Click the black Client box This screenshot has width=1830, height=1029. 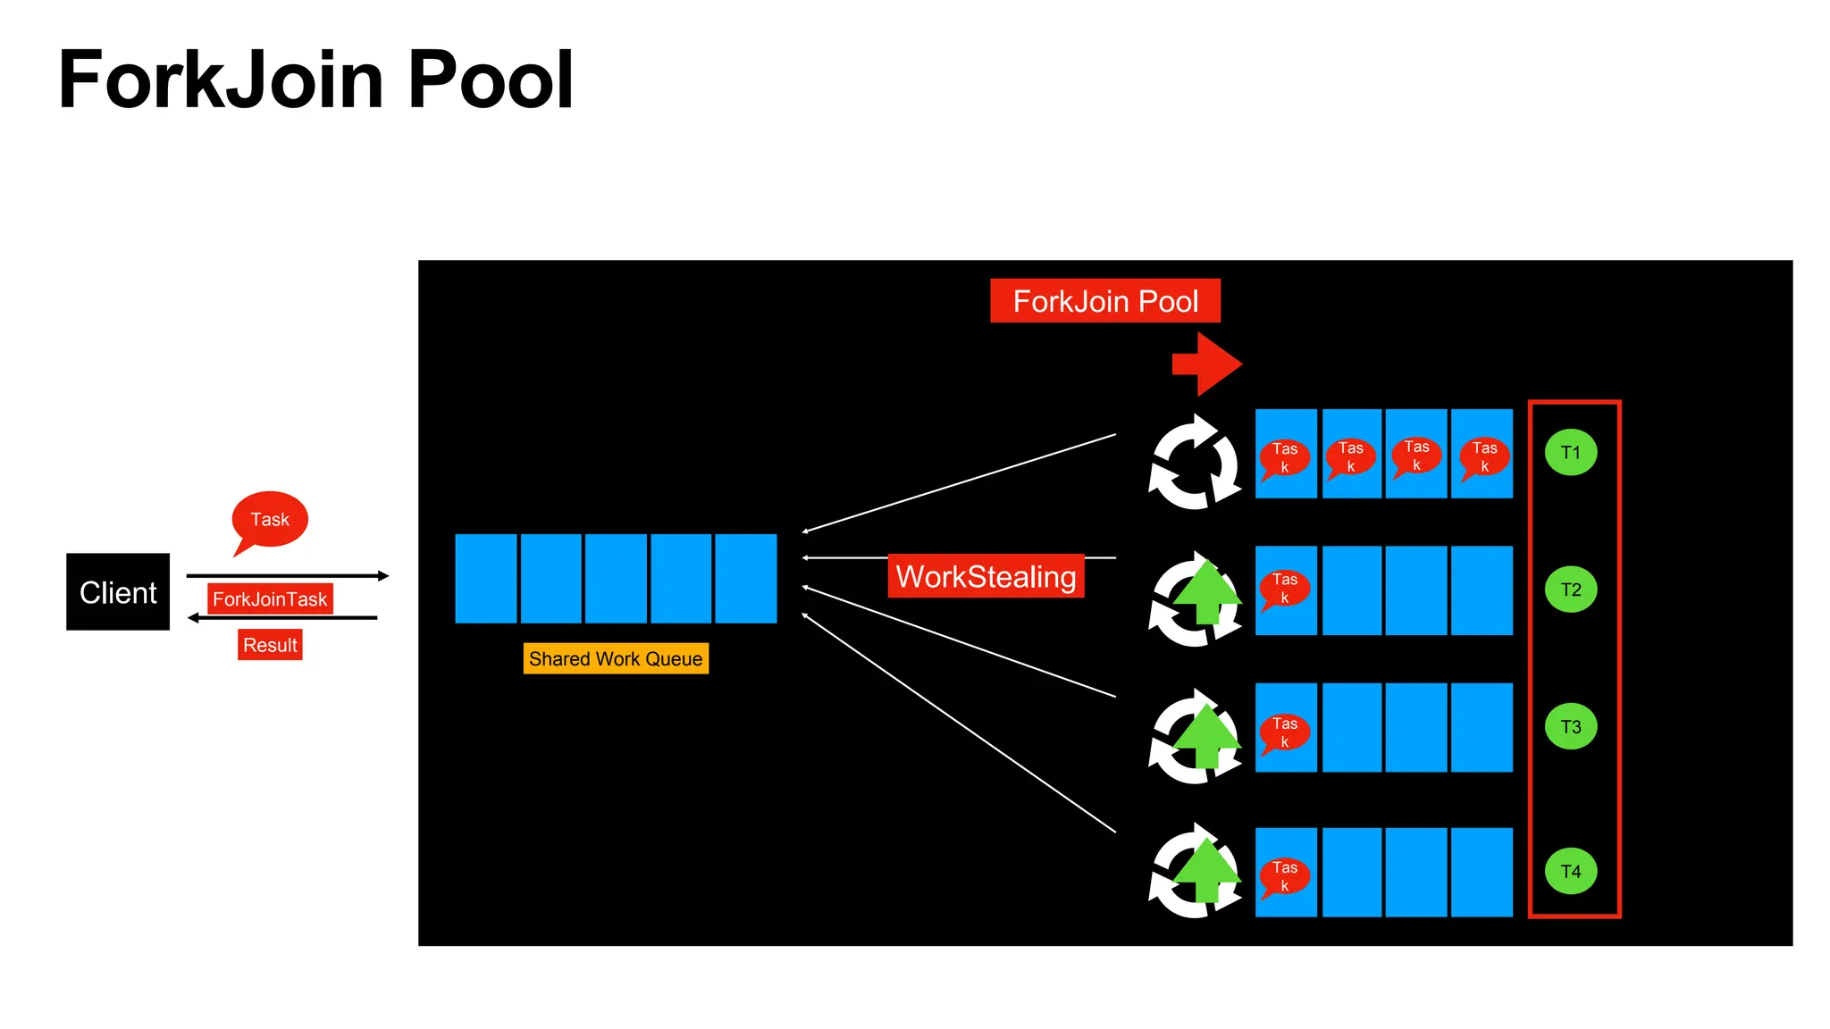[118, 591]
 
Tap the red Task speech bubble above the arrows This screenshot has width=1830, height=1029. [270, 519]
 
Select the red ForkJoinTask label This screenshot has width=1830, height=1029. [270, 598]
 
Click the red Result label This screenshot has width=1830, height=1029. [270, 645]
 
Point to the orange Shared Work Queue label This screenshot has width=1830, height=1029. [616, 658]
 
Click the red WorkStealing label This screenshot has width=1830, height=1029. [986, 576]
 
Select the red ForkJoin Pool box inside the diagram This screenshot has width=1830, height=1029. [1104, 301]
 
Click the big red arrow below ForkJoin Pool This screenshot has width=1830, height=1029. [1207, 364]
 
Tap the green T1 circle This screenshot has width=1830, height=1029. [1570, 452]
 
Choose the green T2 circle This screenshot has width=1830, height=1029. [1570, 590]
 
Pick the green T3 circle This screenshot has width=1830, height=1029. [1570, 726]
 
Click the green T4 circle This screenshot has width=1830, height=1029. [1570, 871]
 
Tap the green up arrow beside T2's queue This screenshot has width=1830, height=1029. [1206, 590]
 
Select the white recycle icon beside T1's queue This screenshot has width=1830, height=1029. [1195, 462]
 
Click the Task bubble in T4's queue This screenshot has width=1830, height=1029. [1285, 876]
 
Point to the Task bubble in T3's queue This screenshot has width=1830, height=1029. [1285, 732]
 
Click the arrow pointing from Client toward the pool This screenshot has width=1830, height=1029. [288, 576]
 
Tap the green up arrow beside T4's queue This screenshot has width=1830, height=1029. [1206, 869]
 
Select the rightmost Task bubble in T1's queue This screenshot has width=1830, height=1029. [1484, 456]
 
